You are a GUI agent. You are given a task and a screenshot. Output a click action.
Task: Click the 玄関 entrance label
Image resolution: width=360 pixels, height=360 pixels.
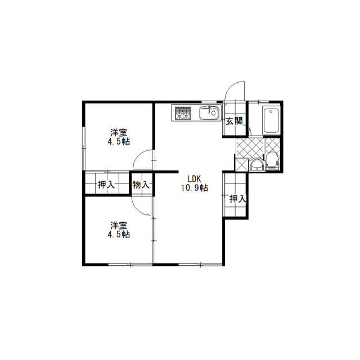[234, 121]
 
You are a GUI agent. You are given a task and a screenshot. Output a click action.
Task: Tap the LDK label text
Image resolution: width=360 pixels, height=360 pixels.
[195, 179]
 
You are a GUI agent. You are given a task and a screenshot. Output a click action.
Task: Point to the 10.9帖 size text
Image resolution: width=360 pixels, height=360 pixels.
[195, 188]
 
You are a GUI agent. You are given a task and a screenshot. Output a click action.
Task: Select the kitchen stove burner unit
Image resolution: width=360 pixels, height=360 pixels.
[183, 113]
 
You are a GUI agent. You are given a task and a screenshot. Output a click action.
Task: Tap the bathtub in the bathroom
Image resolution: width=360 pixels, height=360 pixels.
[271, 120]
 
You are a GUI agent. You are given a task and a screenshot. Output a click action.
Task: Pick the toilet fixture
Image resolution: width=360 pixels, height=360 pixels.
[272, 161]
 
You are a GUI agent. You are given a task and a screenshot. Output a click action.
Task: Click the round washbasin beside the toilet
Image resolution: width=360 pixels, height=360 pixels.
[256, 165]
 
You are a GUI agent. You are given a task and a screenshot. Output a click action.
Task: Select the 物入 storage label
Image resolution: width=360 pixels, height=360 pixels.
[141, 184]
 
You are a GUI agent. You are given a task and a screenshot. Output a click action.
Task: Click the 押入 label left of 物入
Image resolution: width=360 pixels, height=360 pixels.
[106, 184]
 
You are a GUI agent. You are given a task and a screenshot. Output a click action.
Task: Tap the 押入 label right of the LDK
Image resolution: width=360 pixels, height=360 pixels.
[237, 199]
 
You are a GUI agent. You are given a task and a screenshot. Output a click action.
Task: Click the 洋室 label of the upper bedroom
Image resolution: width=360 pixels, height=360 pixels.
[119, 133]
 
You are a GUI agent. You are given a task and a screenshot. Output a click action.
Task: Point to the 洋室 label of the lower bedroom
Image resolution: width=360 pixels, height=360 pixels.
[119, 226]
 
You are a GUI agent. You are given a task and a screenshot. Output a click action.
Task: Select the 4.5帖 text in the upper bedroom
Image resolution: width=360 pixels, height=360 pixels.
[119, 142]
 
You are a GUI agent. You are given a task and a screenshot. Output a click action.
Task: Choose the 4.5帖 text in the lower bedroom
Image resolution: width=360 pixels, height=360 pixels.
[119, 235]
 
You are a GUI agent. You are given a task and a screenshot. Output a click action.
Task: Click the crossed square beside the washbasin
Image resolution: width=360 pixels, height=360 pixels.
[242, 164]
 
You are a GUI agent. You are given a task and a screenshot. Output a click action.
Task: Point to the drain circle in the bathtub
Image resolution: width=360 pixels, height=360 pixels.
[271, 112]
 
